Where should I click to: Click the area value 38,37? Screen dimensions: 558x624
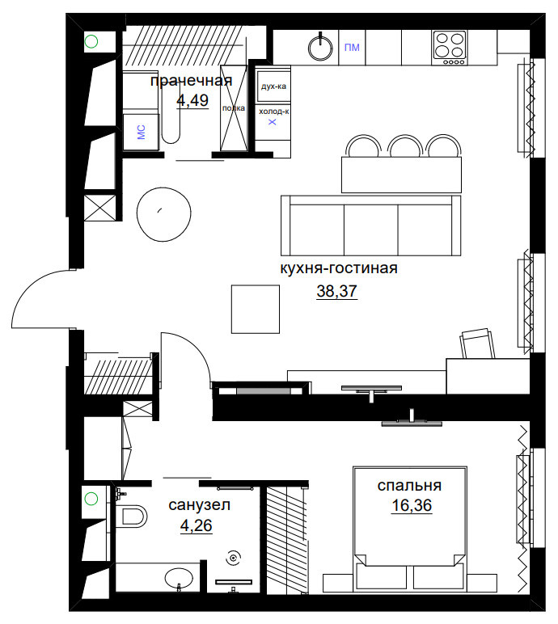pos(336,291)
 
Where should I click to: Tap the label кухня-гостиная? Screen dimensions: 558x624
pos(339,268)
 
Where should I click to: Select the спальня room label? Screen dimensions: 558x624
pos(409,486)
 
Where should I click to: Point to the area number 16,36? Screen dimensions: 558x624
pos(412,505)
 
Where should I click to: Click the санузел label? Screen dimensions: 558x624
pos(199,505)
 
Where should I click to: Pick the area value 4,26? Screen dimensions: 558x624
pos(196,525)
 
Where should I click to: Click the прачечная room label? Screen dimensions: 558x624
pos(191,81)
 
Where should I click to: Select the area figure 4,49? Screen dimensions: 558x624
pos(192,100)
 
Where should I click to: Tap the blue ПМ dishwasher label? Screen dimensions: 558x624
pos(352,48)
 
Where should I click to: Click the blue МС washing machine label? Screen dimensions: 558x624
pos(141,132)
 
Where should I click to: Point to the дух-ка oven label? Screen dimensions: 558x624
pos(273,86)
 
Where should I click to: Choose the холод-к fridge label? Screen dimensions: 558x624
pos(273,112)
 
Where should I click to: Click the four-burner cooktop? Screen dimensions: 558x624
pos(450,48)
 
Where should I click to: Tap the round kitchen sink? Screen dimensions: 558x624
pos(320,48)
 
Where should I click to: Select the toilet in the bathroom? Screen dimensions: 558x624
pos(132,516)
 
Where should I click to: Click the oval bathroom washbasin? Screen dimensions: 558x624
pos(179,578)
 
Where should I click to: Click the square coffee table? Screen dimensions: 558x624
pos(256,309)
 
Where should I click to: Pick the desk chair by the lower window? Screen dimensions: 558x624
pos(477,343)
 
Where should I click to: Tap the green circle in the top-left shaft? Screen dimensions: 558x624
pos(91,41)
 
